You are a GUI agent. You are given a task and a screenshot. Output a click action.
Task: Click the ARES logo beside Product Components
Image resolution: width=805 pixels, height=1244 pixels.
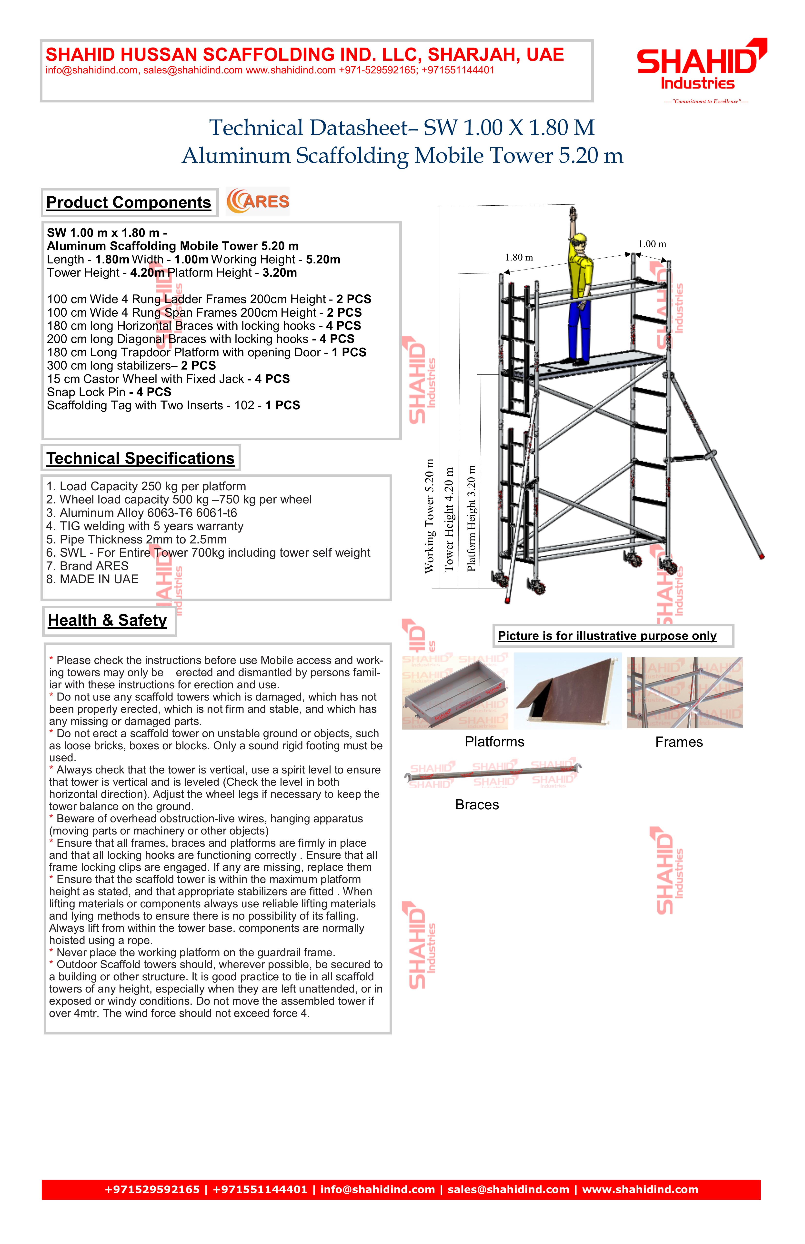[258, 202]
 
